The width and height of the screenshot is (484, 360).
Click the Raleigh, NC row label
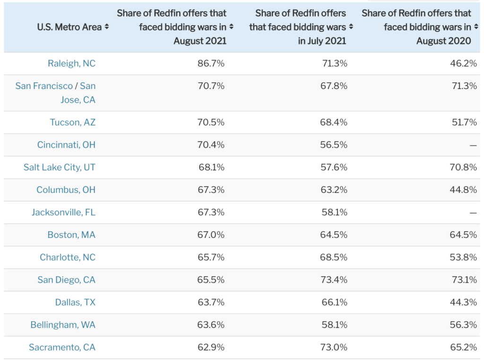(72, 63)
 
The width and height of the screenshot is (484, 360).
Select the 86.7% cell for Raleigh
(211, 63)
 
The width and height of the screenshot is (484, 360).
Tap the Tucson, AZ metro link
(73, 123)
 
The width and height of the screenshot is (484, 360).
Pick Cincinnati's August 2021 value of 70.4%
(211, 145)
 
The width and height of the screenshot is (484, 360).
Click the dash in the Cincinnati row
(473, 145)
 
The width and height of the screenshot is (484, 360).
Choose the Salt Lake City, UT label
(60, 167)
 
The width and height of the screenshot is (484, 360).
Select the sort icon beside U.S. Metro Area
(107, 27)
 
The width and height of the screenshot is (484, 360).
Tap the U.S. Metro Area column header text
(69, 27)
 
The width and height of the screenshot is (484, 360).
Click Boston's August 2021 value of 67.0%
(211, 235)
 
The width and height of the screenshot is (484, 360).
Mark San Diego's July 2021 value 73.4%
(334, 280)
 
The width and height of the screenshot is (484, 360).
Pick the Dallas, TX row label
(75, 302)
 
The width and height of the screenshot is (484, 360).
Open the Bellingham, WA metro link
(63, 325)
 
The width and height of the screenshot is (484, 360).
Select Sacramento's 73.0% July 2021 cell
(334, 347)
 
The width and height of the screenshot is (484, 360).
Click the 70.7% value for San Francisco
(211, 86)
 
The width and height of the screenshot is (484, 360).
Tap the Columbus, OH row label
(66, 190)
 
